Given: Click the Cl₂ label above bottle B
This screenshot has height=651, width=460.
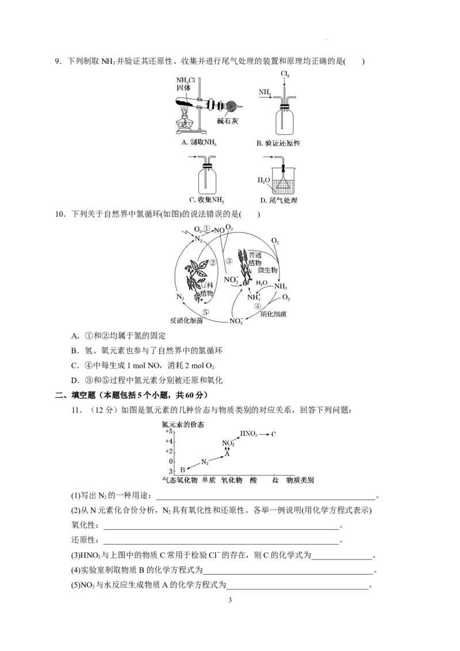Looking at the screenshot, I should (285, 74).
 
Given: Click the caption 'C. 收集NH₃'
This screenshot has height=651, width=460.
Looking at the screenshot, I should (206, 200).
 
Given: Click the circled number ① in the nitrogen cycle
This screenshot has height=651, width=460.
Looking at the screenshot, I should (207, 228).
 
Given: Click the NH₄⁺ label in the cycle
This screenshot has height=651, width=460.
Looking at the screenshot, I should (254, 297).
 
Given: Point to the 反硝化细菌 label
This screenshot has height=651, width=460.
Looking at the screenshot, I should (186, 321).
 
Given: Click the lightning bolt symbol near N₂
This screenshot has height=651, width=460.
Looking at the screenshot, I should (185, 232).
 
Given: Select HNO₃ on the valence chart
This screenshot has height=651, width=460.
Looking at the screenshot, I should (248, 433).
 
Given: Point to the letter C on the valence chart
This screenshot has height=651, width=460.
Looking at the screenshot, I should (274, 434).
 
